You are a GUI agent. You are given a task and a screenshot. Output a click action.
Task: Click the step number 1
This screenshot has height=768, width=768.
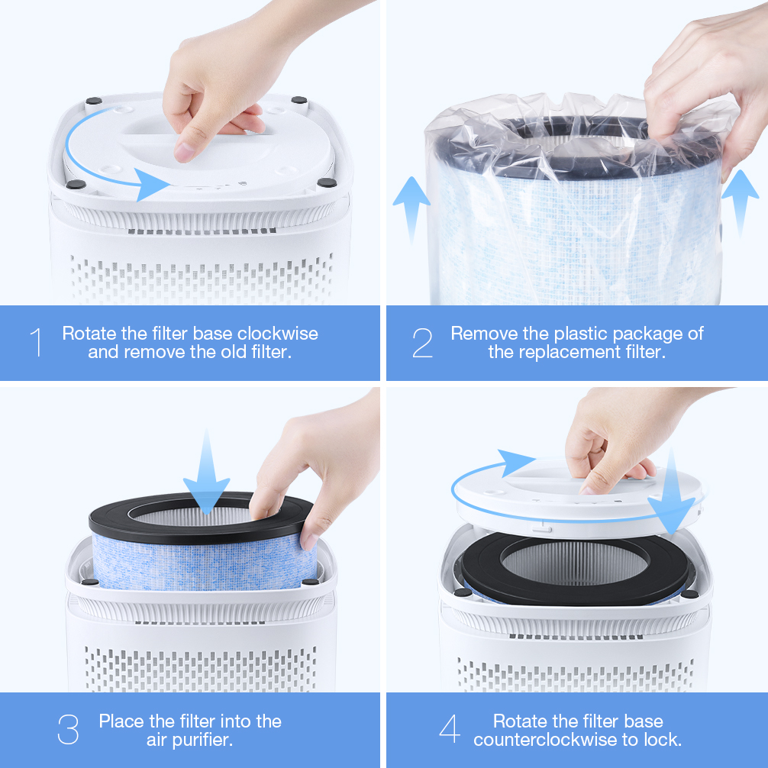click(36, 342)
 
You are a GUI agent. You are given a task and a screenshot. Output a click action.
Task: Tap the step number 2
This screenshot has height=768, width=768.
click(422, 342)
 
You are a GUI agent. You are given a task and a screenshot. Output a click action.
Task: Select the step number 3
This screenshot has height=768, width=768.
click(68, 729)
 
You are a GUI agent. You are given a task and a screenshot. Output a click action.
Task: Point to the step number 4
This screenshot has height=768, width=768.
click(450, 729)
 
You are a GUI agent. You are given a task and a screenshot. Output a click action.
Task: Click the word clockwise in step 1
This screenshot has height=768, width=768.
click(278, 334)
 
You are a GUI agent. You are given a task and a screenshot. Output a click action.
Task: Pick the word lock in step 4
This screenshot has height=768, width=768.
click(662, 740)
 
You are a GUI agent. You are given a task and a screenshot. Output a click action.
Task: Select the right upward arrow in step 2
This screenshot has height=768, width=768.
click(741, 202)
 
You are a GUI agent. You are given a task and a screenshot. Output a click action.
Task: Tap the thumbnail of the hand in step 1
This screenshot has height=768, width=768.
click(183, 153)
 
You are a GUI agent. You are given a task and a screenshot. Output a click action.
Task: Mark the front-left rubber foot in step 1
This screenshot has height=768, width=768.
click(76, 184)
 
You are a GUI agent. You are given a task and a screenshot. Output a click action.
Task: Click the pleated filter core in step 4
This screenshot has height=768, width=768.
click(575, 563)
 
